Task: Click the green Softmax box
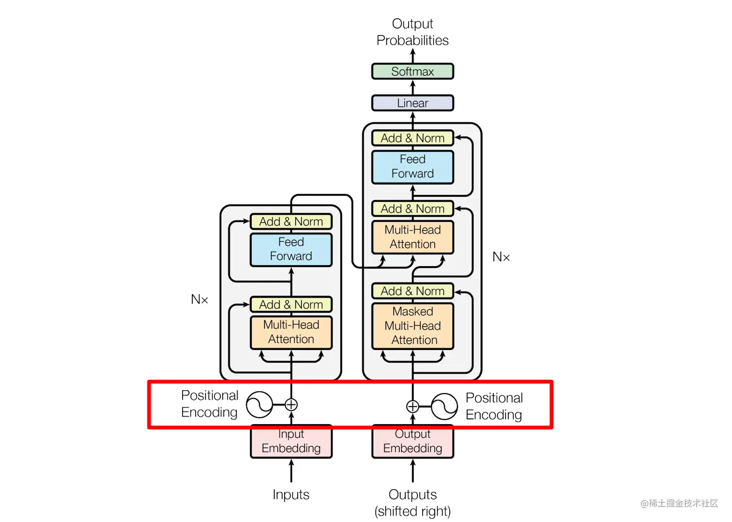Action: pyautogui.click(x=412, y=72)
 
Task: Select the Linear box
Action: pyautogui.click(x=412, y=103)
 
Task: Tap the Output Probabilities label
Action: pyautogui.click(x=412, y=32)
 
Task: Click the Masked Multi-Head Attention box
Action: pyautogui.click(x=412, y=326)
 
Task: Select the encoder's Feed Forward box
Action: pyautogui.click(x=291, y=249)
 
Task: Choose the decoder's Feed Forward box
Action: pyautogui.click(x=412, y=167)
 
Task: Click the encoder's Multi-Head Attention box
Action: pyautogui.click(x=291, y=332)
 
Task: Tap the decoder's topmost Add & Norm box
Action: pyautogui.click(x=412, y=138)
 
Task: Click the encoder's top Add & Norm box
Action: pyautogui.click(x=291, y=221)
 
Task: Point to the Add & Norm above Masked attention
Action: pyautogui.click(x=412, y=291)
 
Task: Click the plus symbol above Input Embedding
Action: pyautogui.click(x=291, y=405)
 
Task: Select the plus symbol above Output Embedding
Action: pyautogui.click(x=412, y=406)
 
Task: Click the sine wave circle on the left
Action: pyautogui.click(x=259, y=405)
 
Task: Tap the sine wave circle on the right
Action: pyautogui.click(x=444, y=406)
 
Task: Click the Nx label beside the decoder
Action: pyautogui.click(x=501, y=257)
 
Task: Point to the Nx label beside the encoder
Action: pyautogui.click(x=199, y=300)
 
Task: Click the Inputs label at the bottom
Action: pyautogui.click(x=291, y=494)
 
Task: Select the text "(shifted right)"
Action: pyautogui.click(x=412, y=511)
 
